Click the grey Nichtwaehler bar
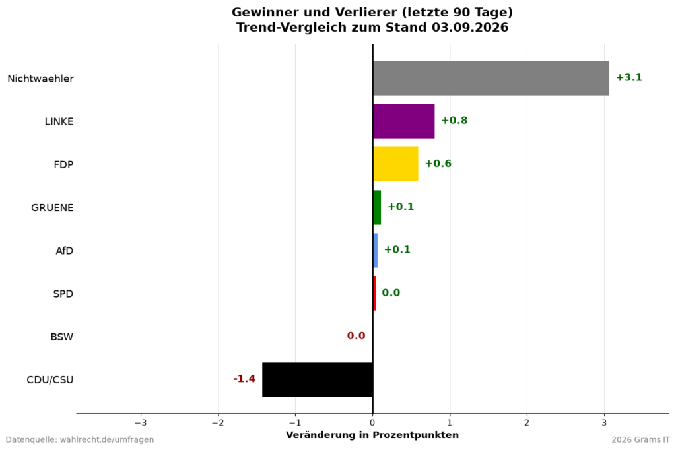point(491,78)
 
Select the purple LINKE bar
point(403,121)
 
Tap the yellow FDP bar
point(395,164)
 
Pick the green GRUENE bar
point(377,207)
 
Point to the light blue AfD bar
point(375,251)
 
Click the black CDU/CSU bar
point(318,380)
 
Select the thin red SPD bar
point(374,294)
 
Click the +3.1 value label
point(629,78)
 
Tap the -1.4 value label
point(244,379)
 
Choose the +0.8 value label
point(454,121)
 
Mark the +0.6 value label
point(438,164)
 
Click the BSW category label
point(62,337)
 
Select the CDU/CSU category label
point(50,380)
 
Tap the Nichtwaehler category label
point(40,79)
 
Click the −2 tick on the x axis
point(218,423)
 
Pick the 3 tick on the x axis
point(605,423)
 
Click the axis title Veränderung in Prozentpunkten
point(372,435)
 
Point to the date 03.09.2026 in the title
point(470,28)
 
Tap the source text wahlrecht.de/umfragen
point(107,440)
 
